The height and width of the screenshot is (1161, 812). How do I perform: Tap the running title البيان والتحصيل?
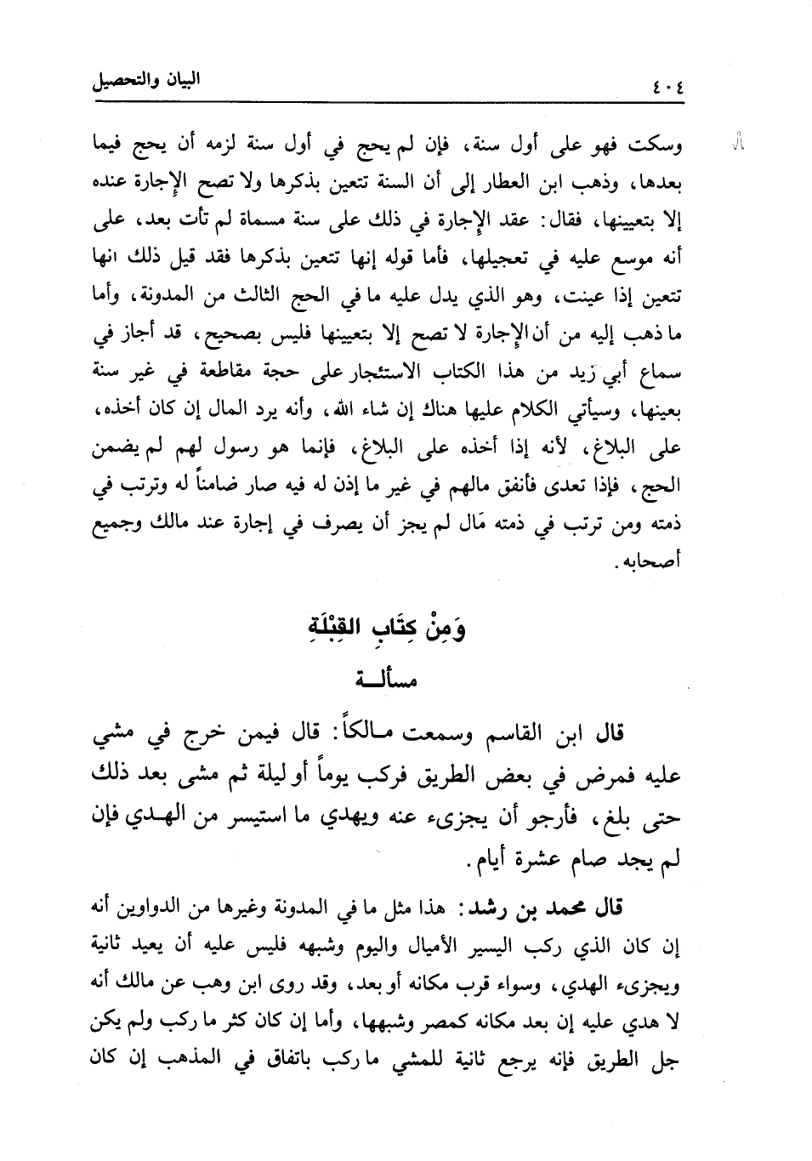click(145, 85)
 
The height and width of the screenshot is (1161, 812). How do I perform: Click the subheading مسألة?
click(380, 682)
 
